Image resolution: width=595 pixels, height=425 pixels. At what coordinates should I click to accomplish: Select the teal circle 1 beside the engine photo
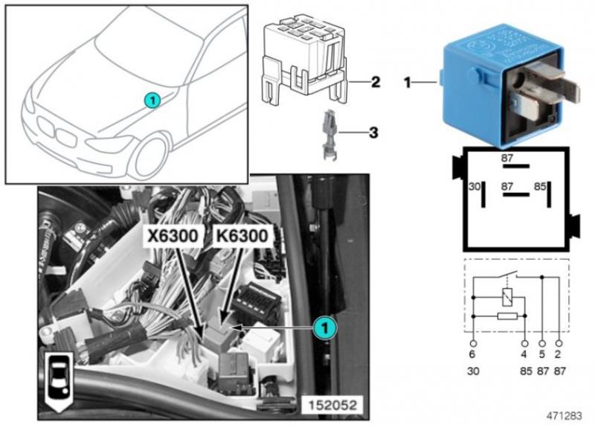pos(323,327)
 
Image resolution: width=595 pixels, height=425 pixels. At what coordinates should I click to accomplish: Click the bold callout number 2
pos(376,82)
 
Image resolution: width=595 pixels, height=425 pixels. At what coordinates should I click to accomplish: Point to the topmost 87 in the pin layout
pos(509,158)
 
